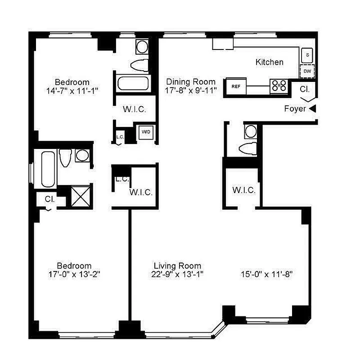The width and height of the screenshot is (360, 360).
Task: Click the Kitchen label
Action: [269, 62]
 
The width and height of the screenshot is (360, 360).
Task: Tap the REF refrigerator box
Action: [236, 86]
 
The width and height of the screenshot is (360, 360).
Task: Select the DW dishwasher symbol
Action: [307, 71]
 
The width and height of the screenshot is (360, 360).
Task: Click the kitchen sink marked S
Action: [307, 55]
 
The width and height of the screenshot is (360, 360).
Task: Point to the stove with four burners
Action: [279, 86]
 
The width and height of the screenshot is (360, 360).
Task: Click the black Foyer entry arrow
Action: [312, 108]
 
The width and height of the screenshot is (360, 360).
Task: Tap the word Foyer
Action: [295, 109]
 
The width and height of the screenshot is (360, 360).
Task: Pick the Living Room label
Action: [177, 265]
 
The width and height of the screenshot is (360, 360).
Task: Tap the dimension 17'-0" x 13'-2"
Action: [74, 274]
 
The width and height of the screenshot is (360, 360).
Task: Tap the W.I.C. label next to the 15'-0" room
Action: [244, 190]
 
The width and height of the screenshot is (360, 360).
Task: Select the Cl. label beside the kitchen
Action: [305, 89]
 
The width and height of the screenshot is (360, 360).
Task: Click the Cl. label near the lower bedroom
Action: [49, 199]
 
